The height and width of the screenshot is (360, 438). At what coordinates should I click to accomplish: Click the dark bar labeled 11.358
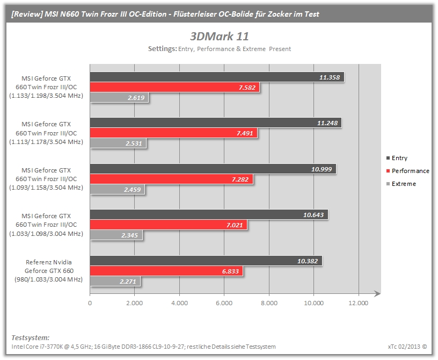tap(217, 77)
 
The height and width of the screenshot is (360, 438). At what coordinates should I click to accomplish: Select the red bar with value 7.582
tap(174, 87)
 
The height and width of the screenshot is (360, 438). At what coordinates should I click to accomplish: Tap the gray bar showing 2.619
tap(119, 98)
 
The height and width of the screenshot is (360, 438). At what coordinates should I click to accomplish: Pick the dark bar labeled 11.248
tap(216, 123)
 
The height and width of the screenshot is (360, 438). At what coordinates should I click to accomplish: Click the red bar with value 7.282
tap(172, 179)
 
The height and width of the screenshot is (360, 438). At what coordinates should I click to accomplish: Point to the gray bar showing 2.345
tap(116, 235)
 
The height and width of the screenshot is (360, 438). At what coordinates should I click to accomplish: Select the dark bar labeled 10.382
tap(206, 261)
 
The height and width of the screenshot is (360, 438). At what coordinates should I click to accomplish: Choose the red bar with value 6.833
tap(166, 271)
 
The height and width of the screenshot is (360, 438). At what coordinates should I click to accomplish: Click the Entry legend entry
tap(397, 158)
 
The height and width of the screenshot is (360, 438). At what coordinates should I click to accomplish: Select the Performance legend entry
tap(407, 171)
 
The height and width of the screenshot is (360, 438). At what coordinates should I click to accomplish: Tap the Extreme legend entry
tap(401, 184)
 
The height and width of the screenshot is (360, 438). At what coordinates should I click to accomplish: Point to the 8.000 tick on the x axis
tap(269, 303)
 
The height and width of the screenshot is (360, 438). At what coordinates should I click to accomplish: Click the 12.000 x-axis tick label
tap(359, 303)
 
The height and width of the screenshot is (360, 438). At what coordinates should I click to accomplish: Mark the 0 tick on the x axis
tap(90, 303)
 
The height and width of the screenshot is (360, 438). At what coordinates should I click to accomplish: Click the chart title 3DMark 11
tap(220, 37)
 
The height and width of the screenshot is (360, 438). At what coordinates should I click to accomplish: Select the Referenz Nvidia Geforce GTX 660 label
tap(49, 271)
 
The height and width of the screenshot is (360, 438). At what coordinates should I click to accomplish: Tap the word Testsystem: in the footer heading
tap(31, 337)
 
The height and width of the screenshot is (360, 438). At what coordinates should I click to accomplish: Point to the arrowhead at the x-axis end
tap(377, 294)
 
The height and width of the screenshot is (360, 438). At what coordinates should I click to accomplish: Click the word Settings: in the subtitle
tap(162, 49)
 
